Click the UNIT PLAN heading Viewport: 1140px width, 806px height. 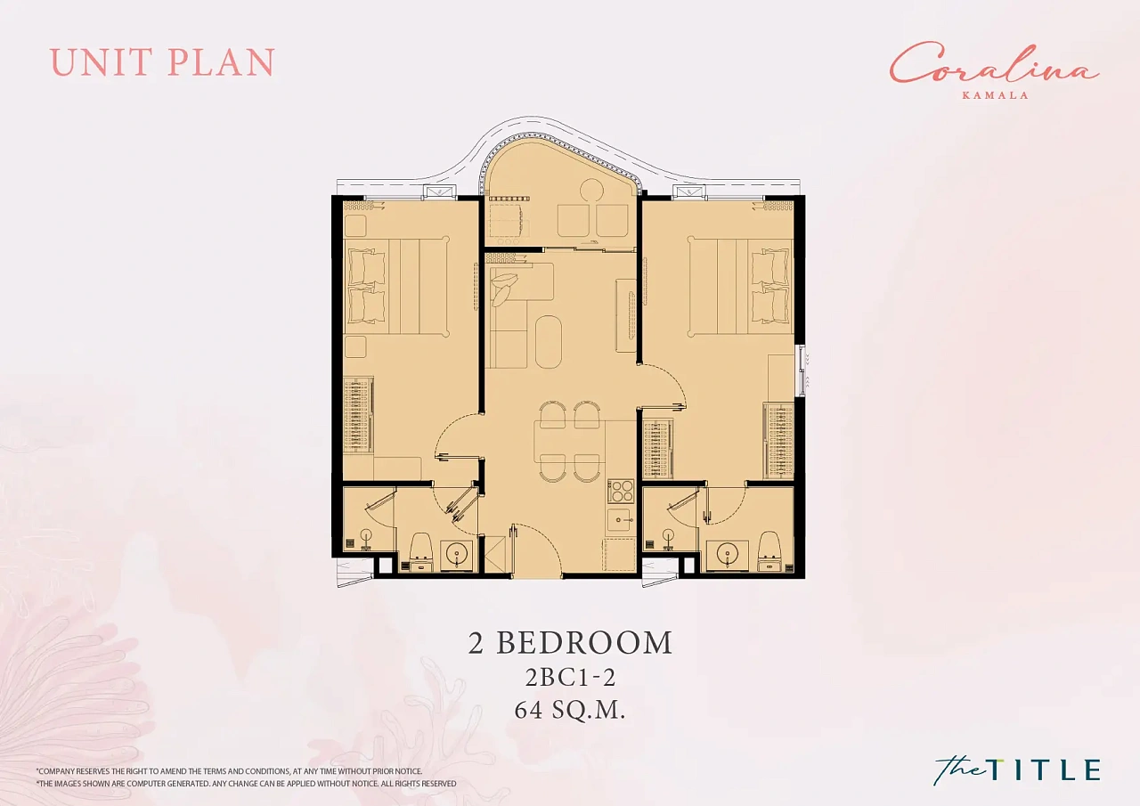pyautogui.click(x=162, y=62)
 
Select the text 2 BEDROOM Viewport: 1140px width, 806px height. pyautogui.click(x=570, y=643)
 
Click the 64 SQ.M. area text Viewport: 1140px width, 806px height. pyautogui.click(x=569, y=711)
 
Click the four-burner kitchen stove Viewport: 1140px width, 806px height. pyautogui.click(x=621, y=491)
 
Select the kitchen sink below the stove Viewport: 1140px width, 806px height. pyautogui.click(x=621, y=520)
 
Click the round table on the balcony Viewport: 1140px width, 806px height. pyautogui.click(x=591, y=191)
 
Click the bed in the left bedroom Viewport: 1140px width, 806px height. pyautogui.click(x=396, y=286)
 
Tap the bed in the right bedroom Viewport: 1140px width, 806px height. pyautogui.click(x=740, y=286)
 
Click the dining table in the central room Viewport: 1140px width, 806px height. pyautogui.click(x=566, y=441)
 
